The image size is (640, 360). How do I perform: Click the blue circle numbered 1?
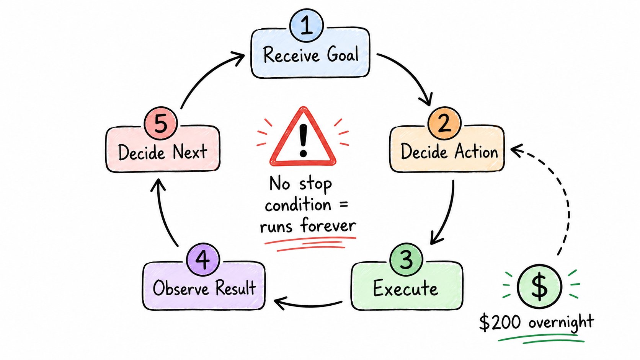pos(306,25)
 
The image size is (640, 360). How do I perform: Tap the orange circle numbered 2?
pos(444,123)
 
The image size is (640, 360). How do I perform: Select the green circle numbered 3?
pos(406,259)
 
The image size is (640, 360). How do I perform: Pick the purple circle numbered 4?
pos(203,259)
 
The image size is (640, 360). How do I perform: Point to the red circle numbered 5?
pos(160,123)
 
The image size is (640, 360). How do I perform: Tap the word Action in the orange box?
pos(476,151)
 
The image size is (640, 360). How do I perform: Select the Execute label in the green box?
pos(405,288)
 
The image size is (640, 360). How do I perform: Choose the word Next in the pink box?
pos(190,151)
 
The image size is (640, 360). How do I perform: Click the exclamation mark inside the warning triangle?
pos(303,140)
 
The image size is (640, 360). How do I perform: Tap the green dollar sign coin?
pos(539,286)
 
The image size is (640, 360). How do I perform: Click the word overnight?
pos(561,323)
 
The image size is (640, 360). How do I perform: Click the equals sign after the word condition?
pos(344,205)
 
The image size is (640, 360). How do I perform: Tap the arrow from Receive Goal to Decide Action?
pos(411,73)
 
